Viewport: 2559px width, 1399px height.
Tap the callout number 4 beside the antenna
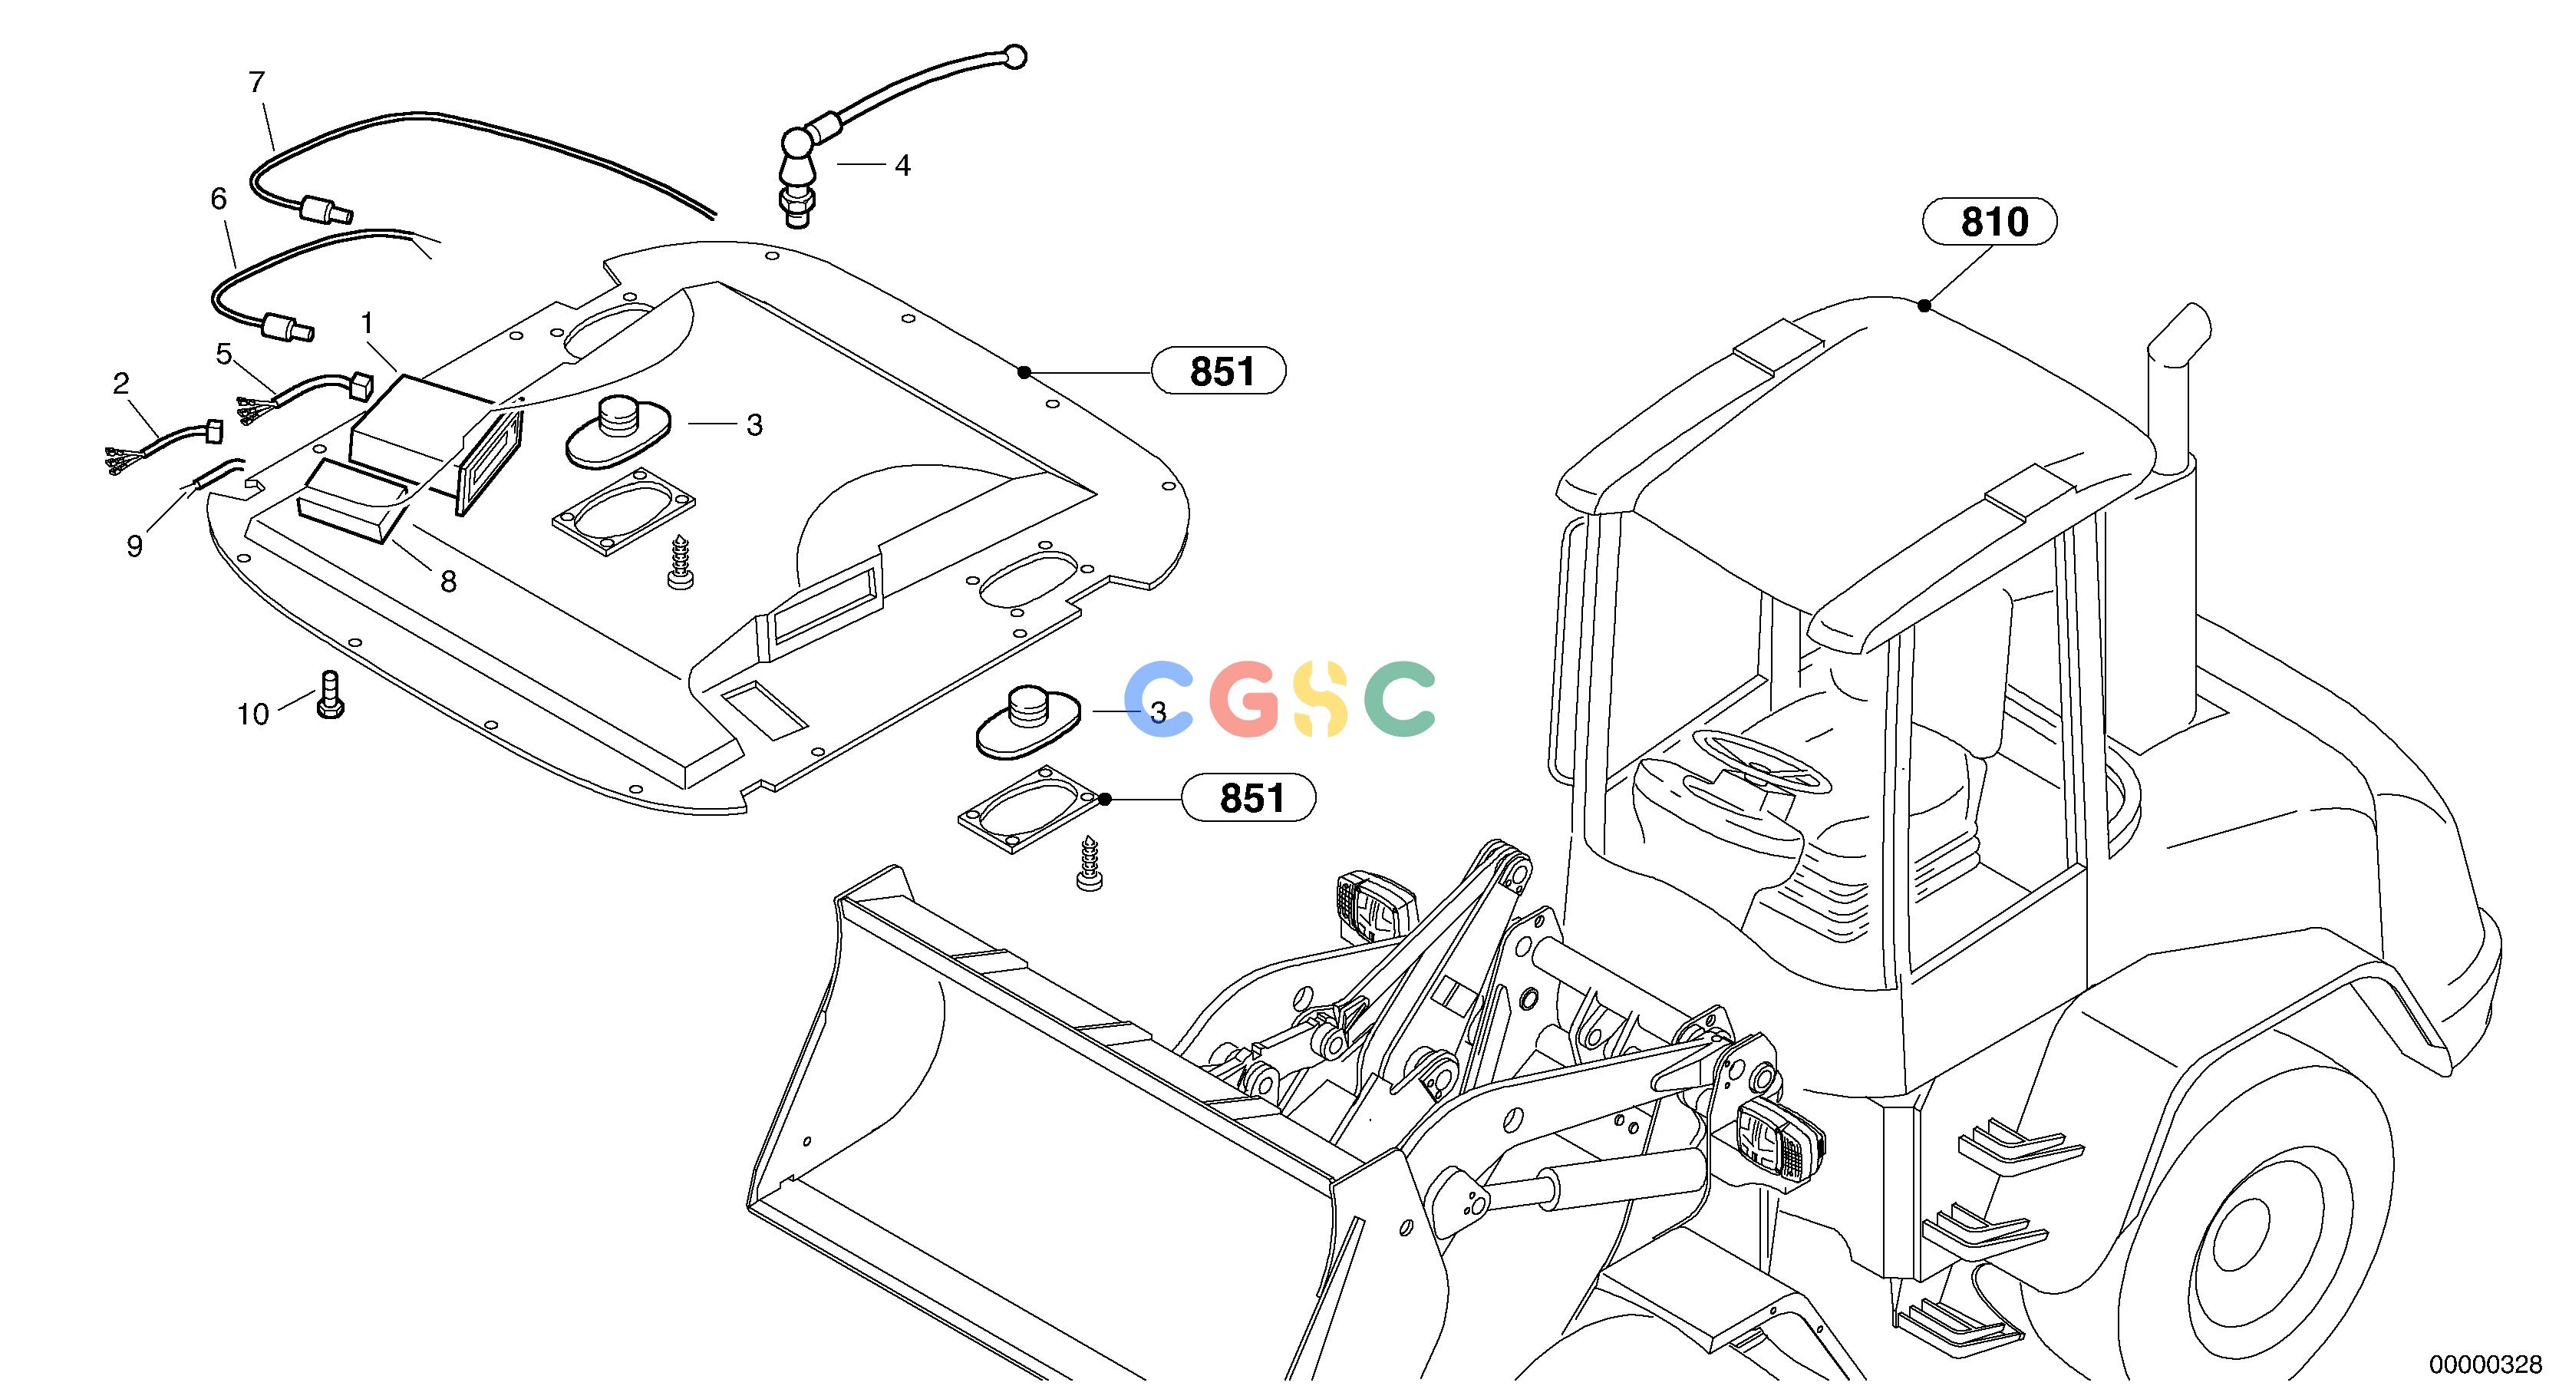(x=902, y=166)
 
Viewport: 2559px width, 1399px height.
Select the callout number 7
(x=257, y=82)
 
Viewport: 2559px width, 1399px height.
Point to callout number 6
(x=219, y=199)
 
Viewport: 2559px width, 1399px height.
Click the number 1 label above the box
(x=368, y=323)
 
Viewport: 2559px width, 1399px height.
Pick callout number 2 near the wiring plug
(x=121, y=384)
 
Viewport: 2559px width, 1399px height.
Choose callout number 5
(x=223, y=354)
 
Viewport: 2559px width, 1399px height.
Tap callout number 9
(x=135, y=546)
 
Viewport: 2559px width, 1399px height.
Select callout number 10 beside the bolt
(x=253, y=714)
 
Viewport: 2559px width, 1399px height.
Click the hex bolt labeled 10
(x=330, y=694)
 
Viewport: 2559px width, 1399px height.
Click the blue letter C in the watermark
(x=1159, y=698)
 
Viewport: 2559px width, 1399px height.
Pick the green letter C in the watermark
(x=1400, y=698)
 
